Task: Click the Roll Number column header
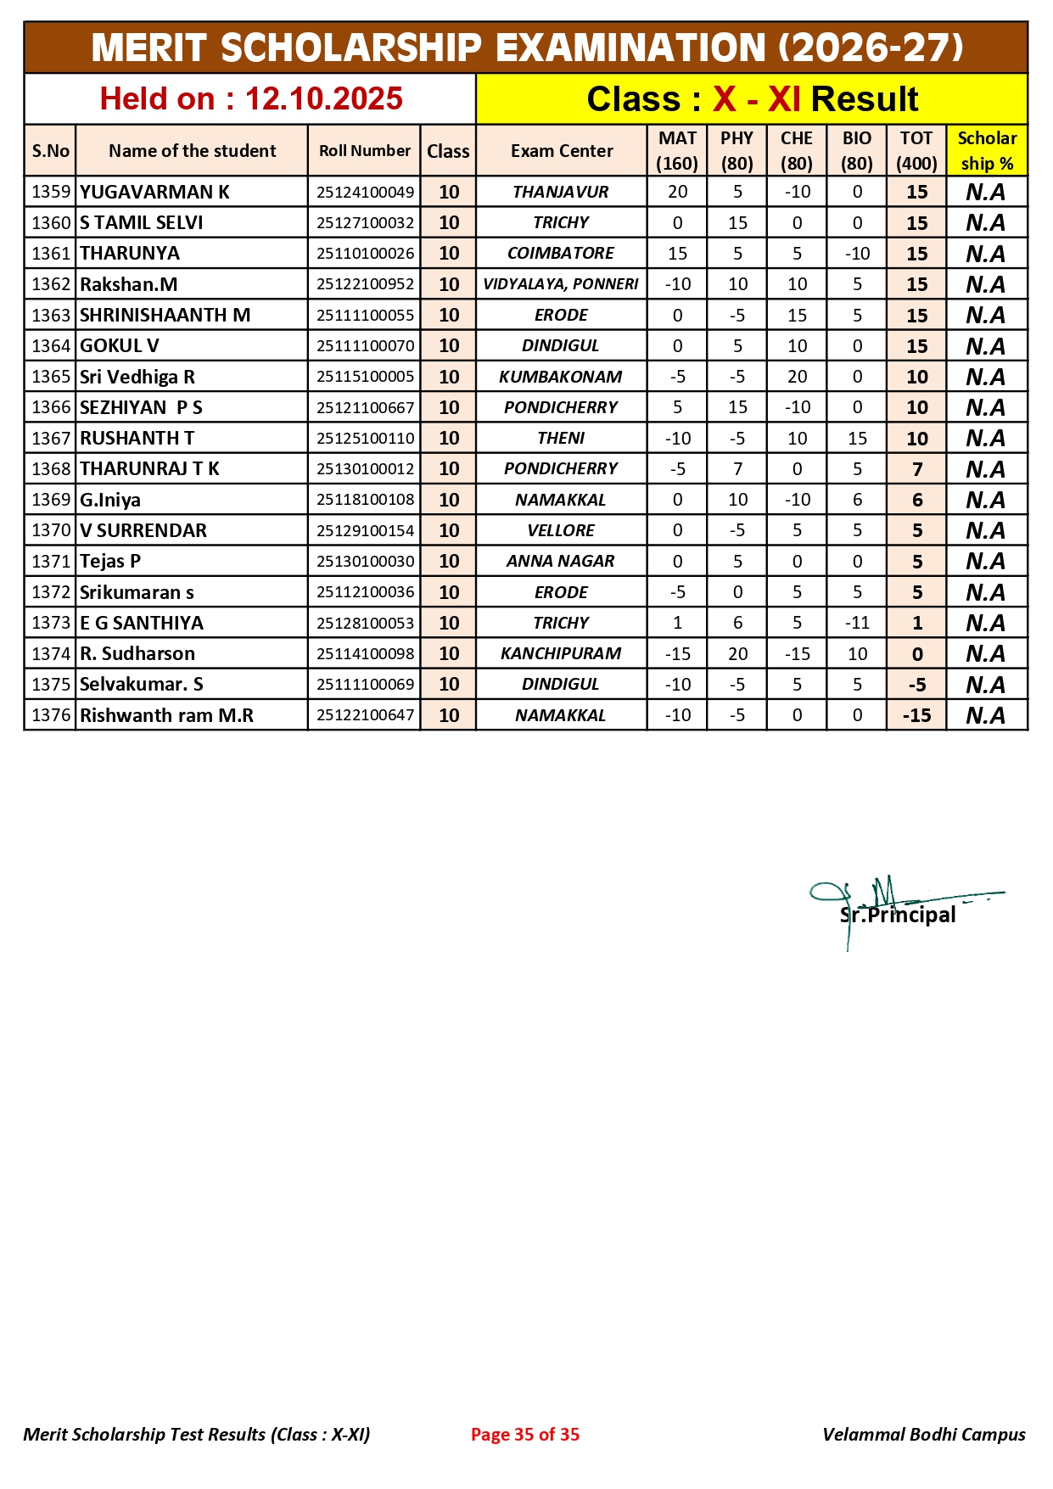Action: point(364,151)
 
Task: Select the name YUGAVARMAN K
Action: point(154,192)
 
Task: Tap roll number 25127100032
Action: point(365,223)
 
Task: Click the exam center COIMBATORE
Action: point(561,254)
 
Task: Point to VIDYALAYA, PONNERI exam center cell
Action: point(561,284)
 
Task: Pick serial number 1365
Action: point(50,377)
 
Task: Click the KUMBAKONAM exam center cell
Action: point(561,377)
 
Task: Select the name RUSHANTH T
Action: point(137,438)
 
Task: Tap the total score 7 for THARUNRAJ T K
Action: point(916,469)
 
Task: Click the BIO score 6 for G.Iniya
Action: point(857,500)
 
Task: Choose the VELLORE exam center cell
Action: point(561,530)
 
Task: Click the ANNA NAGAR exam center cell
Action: point(561,561)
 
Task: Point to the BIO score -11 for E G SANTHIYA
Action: point(857,623)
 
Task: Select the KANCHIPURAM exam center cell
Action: point(561,653)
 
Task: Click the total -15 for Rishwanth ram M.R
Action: point(916,715)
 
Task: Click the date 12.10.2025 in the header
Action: point(323,99)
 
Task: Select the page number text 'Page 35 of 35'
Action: point(525,1434)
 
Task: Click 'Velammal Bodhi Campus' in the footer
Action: point(923,1434)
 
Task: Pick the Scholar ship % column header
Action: point(987,151)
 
